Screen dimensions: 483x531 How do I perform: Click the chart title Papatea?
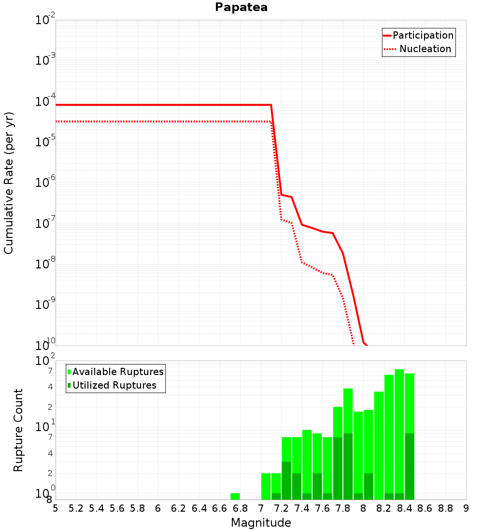pos(241,7)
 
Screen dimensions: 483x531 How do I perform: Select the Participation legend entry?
pos(418,35)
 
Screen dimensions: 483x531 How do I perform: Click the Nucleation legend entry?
pos(418,49)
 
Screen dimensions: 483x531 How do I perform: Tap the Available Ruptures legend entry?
pos(115,372)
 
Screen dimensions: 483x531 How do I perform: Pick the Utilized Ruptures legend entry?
pos(112,385)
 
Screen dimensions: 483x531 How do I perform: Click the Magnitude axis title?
pos(261,522)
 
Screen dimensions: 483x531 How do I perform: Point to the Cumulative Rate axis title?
pos(8,183)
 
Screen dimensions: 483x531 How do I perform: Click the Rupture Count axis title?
pos(18,430)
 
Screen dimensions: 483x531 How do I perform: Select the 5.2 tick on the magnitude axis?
pos(76,508)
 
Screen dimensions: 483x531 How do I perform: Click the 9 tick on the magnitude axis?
pos(466,508)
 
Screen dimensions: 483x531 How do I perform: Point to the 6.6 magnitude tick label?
pos(219,508)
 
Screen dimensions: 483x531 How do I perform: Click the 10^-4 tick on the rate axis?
pos(45,100)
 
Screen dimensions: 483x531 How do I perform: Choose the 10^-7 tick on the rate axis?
pos(45,223)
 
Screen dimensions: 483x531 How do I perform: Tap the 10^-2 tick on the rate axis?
pos(45,19)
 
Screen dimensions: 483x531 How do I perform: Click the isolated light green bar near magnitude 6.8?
pos(235,496)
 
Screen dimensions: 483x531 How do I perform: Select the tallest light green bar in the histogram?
pos(399,434)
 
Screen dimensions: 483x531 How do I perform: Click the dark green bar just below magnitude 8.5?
pos(410,466)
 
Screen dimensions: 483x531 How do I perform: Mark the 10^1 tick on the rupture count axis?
pos(45,426)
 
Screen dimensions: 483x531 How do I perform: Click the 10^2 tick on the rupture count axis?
pos(45,360)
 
